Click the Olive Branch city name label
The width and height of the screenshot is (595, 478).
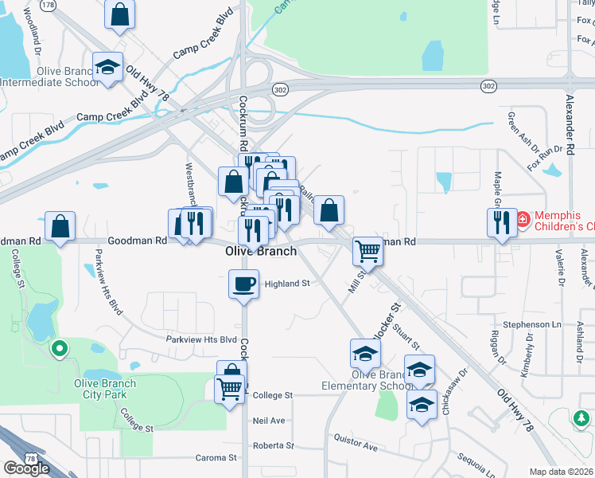(261, 251)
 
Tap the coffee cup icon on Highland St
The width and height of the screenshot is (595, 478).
(243, 283)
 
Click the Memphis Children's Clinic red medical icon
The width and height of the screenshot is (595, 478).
(523, 218)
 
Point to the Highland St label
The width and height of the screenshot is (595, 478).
(286, 284)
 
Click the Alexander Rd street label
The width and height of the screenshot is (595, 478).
(570, 127)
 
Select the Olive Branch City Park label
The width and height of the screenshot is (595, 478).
(104, 389)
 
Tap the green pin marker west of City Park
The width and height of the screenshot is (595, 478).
(58, 348)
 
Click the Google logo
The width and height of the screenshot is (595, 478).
(26, 468)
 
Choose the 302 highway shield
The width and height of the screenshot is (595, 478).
(278, 90)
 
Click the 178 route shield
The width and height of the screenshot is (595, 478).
(49, 5)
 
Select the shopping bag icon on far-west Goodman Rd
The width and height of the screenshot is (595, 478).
(60, 225)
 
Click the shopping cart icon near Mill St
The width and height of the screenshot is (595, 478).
(367, 251)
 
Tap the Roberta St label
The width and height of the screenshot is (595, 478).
(273, 445)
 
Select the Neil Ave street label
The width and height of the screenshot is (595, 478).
(268, 420)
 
